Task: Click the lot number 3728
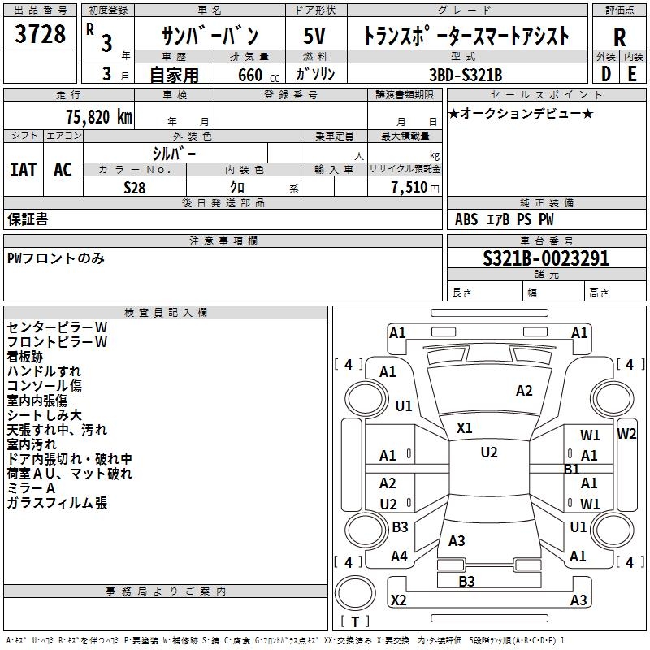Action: (41, 36)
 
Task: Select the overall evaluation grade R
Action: (619, 37)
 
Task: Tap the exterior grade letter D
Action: (605, 73)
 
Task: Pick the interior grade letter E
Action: (632, 73)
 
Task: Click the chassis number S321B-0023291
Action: (545, 259)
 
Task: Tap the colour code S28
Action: (135, 187)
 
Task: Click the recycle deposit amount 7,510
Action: (409, 187)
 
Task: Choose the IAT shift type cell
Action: (23, 169)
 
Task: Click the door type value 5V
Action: (314, 37)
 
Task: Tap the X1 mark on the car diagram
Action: (465, 427)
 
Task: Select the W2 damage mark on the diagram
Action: (626, 433)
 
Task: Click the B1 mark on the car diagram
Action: (572, 469)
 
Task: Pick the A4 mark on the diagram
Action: (399, 557)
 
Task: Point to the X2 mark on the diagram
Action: (398, 600)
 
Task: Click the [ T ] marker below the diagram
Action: (354, 622)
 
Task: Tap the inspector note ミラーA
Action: (31, 488)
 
